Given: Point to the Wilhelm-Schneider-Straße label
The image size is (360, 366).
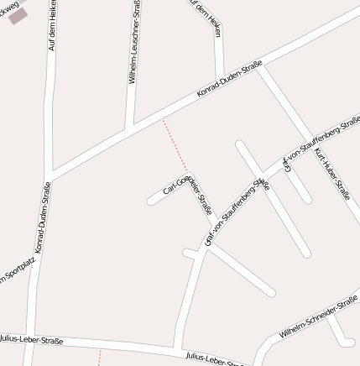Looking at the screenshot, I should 319,319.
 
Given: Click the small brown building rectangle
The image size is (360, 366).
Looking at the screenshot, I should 18,15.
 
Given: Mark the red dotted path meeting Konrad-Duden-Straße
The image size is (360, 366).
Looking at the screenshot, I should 175,147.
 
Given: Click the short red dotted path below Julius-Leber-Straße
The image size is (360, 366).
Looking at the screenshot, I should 100,357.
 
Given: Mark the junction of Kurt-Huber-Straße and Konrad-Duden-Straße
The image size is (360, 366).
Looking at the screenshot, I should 261,68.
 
